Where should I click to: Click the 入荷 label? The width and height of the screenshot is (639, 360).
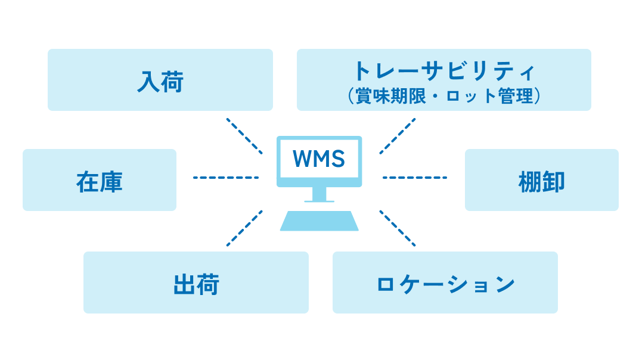pos(160,82)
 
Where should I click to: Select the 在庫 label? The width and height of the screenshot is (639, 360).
pos(99,182)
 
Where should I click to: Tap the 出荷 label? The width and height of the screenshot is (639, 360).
pos(196,284)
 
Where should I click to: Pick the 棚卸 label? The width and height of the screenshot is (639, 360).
pos(541,182)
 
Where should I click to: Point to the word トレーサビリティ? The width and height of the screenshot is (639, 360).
pos(443,72)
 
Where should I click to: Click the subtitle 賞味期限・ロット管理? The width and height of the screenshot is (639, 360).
pos(443,96)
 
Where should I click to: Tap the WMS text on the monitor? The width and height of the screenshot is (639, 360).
pos(319,159)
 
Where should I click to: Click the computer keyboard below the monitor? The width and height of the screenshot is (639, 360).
pos(319,221)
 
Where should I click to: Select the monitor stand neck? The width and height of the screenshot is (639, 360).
pos(319,194)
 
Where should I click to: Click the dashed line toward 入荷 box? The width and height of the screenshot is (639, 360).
pos(244,136)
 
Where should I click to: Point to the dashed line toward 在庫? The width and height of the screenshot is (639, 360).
pos(225,177)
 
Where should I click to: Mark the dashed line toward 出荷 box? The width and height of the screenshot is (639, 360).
pos(244,228)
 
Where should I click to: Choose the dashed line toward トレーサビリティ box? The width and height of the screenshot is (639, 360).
pos(398,136)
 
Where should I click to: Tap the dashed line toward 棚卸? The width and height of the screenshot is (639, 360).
pos(414,177)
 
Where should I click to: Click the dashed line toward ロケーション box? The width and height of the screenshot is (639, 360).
pos(398,228)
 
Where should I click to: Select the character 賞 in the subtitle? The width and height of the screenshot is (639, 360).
pos(362,96)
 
